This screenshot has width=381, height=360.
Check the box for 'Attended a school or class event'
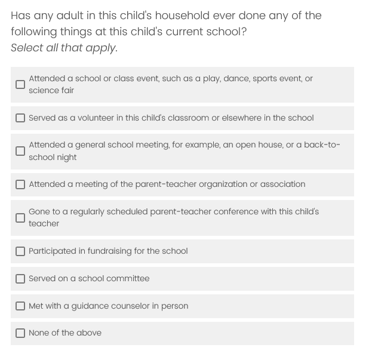[20, 84]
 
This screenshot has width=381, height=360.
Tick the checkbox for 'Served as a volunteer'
[20, 118]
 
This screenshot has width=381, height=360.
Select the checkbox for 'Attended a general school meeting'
[20, 151]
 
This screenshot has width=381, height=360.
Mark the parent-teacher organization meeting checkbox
[20, 184]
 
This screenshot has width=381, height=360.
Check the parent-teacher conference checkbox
[20, 217]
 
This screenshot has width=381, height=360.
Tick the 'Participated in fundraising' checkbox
[20, 251]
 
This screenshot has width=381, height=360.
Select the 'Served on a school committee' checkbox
[20, 279]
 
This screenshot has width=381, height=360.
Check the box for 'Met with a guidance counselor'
[20, 306]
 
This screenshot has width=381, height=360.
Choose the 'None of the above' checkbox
[20, 333]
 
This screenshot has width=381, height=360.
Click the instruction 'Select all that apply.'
[64, 48]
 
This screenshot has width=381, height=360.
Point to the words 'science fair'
[51, 90]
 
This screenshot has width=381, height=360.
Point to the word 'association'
[281, 184]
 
